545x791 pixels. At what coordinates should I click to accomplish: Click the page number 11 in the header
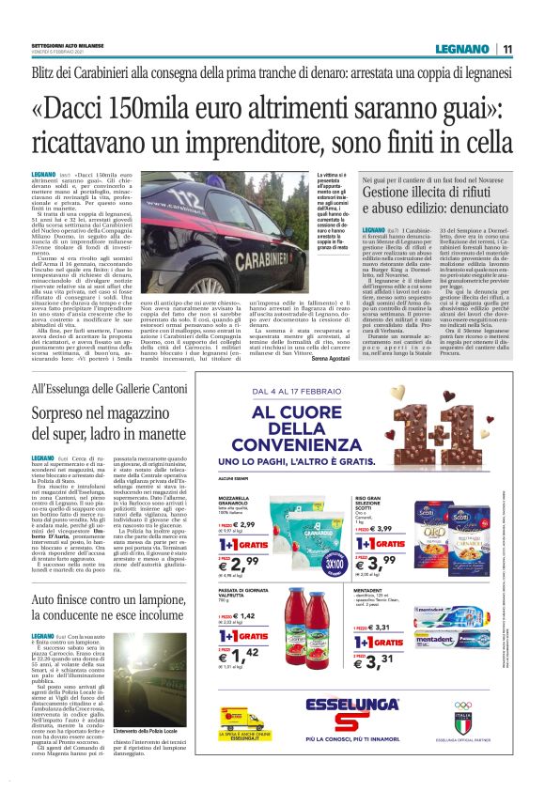click(508, 49)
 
